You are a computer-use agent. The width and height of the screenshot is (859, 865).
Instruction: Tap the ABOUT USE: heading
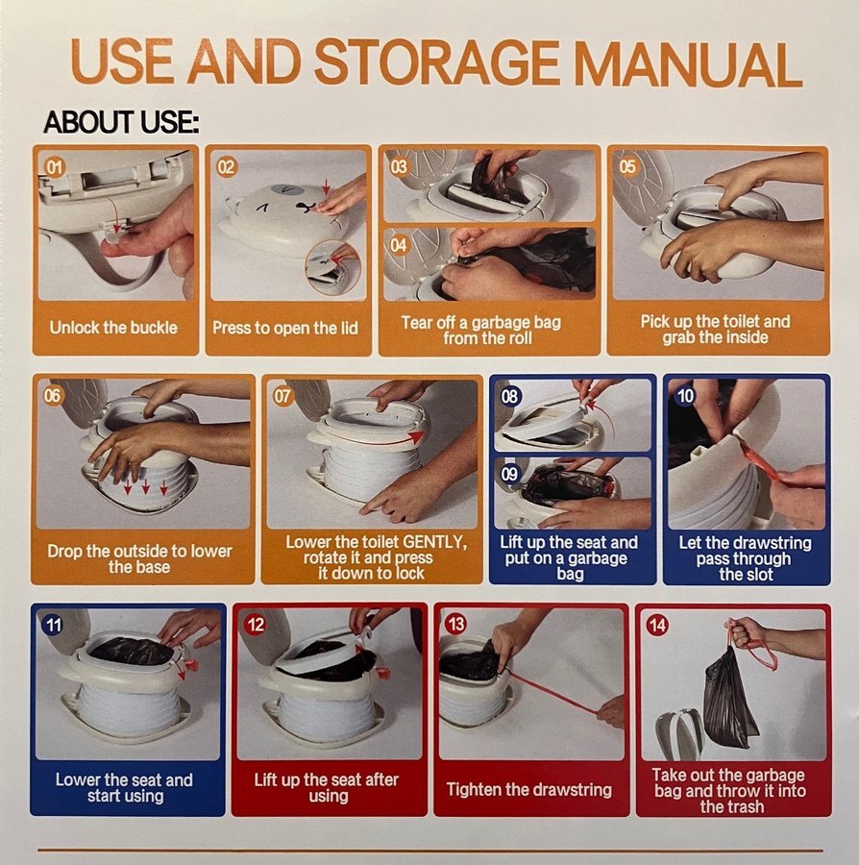[121, 122]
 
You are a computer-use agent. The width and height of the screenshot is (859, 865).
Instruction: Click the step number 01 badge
[55, 166]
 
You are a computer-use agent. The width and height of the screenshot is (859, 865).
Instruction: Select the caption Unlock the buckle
[113, 328]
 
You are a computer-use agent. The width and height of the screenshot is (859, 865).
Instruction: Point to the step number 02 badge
[227, 166]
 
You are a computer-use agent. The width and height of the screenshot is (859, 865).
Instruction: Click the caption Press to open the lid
[285, 329]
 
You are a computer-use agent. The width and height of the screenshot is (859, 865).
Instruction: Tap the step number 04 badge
[399, 245]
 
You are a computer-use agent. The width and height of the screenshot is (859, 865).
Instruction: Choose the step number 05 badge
[627, 166]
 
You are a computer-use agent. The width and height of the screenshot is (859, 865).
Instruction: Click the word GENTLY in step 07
[435, 542]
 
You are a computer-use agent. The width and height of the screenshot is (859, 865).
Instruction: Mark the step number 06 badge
[53, 396]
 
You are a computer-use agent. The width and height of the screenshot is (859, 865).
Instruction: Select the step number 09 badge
[510, 474]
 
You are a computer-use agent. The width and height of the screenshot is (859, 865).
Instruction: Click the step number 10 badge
[685, 396]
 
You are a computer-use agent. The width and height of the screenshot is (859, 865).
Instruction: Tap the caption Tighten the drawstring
[529, 789]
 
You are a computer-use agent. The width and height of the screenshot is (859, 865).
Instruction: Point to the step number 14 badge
[657, 625]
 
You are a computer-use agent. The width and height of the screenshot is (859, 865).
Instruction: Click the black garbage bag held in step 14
[730, 697]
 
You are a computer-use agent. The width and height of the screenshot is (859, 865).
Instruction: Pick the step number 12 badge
[256, 625]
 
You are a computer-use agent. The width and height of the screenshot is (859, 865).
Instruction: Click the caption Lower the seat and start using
[125, 788]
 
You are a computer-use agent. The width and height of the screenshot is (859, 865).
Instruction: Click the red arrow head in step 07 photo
[417, 437]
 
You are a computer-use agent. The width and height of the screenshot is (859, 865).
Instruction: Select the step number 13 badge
[456, 625]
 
